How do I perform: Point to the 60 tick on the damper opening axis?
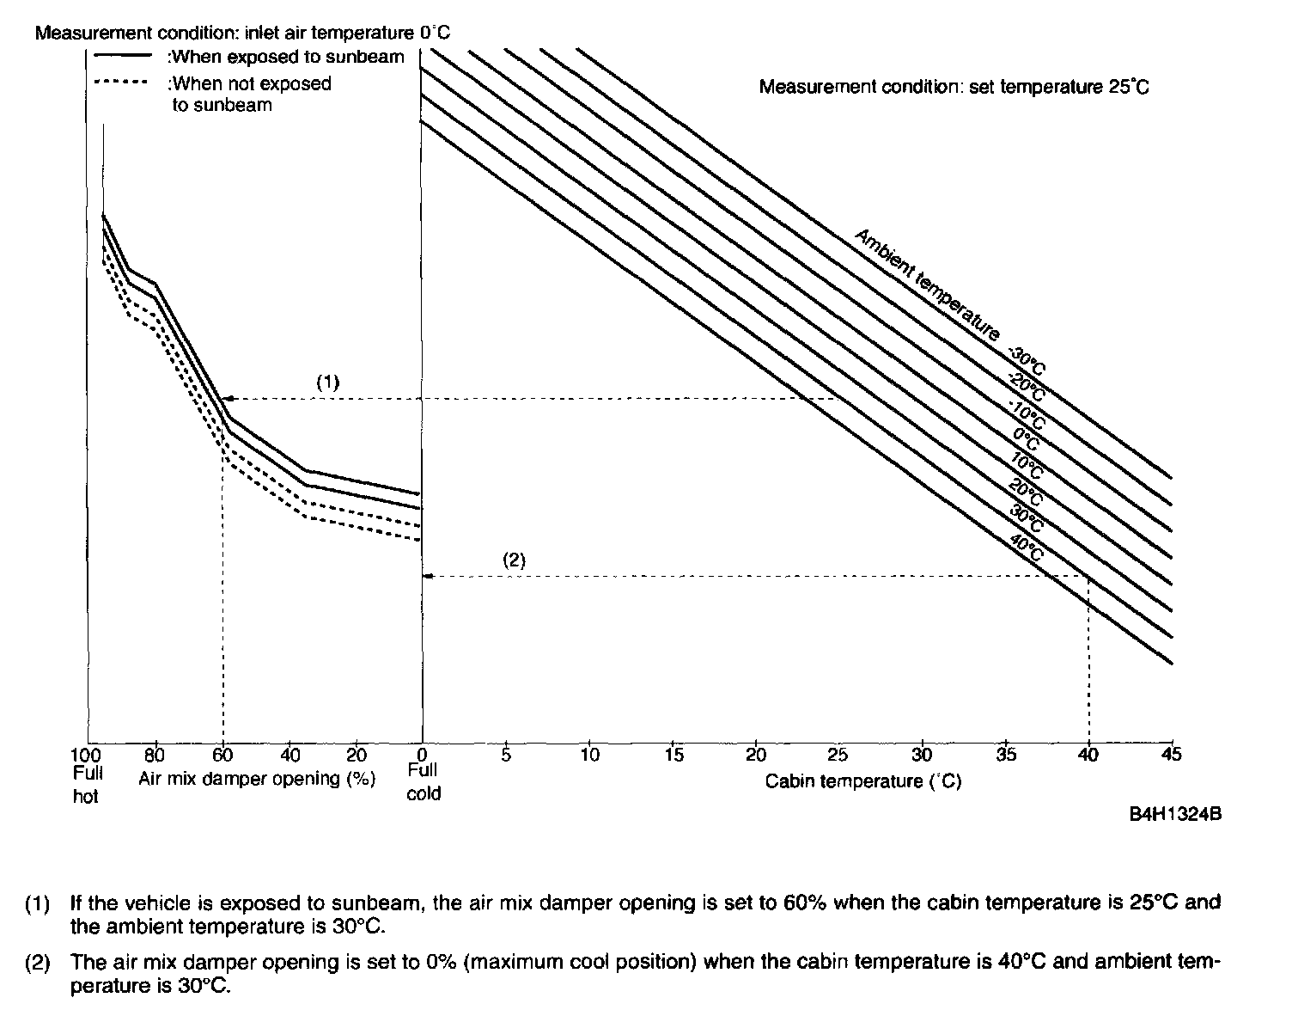point(222,756)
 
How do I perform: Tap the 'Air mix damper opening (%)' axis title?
point(257,779)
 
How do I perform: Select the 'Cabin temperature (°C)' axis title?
point(863,781)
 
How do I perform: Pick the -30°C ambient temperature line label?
point(1027,362)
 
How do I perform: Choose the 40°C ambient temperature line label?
point(1027,548)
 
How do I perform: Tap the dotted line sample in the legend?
point(122,83)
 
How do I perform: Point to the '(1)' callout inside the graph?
point(328,383)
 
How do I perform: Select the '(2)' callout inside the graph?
point(513,560)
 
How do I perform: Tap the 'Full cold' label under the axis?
point(423,782)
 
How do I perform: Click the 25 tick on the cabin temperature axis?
point(838,755)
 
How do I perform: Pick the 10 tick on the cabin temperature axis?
point(589,755)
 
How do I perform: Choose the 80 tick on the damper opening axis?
point(155,756)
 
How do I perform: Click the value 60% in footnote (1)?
point(804,903)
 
